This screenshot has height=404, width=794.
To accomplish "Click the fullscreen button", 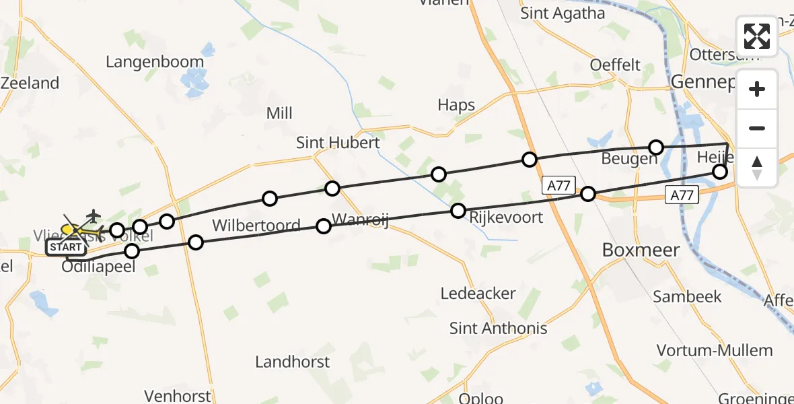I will click(x=757, y=36).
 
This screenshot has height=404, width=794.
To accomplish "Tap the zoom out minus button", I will click(x=757, y=128).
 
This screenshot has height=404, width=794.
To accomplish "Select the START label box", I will click(x=65, y=247).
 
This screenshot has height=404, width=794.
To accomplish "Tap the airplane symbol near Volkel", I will click(x=92, y=215).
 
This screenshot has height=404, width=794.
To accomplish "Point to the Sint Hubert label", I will click(x=338, y=143).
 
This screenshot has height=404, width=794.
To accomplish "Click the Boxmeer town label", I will click(x=641, y=250).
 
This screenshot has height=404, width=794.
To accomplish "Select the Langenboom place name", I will click(x=155, y=62).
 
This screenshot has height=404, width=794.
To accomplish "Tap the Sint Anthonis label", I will click(x=498, y=328).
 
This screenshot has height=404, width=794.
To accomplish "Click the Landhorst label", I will click(x=292, y=362).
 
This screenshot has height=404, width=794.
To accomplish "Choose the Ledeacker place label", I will click(x=478, y=293).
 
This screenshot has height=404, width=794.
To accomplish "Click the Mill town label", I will click(x=279, y=113).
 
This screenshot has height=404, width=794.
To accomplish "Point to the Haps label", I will click(x=456, y=105).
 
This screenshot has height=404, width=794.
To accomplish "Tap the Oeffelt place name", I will click(x=615, y=65).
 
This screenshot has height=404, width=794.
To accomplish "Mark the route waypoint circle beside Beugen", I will click(x=656, y=147).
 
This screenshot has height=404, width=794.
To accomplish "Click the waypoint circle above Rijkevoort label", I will click(x=458, y=210).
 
